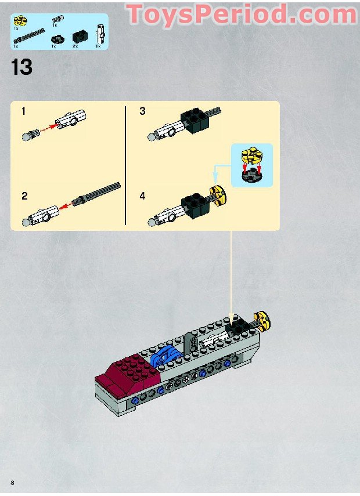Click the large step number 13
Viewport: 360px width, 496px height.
21,67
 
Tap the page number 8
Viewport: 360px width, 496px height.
12,483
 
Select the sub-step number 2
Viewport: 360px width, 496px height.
24,196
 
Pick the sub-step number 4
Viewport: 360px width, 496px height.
142,196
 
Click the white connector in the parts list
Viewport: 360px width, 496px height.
100,34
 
